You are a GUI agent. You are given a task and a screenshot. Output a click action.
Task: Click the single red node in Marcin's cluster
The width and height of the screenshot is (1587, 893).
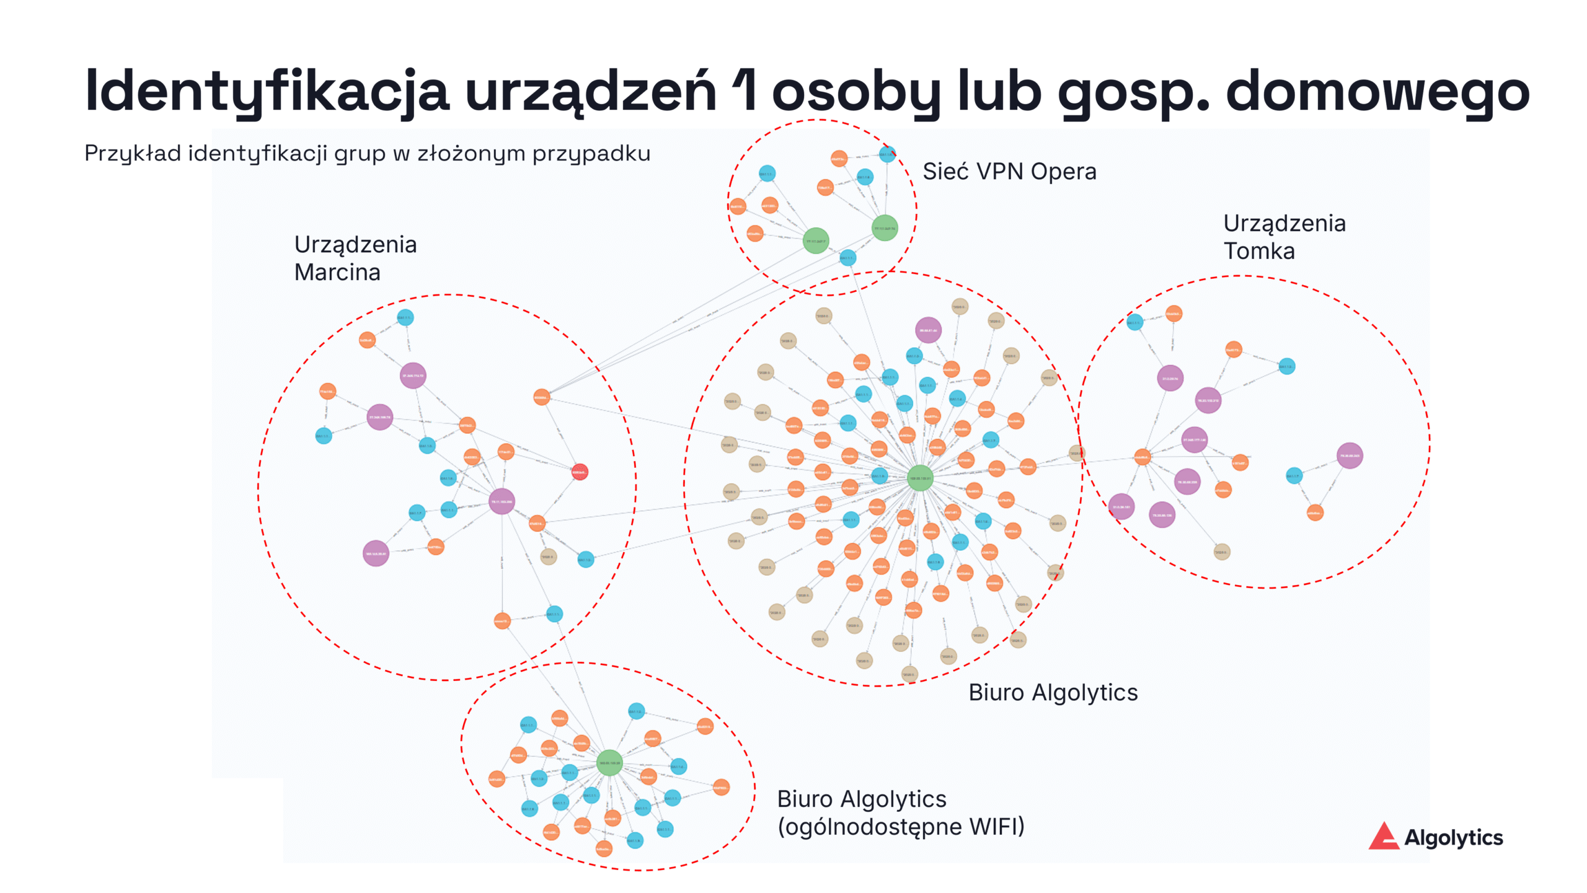[x=579, y=472]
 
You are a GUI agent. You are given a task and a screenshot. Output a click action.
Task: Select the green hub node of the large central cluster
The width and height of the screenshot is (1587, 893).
[x=920, y=478]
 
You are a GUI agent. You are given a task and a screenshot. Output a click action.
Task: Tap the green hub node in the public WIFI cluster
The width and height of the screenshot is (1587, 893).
[x=609, y=763]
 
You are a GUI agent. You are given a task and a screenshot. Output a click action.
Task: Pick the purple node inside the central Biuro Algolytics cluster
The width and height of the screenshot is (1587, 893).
[x=928, y=330]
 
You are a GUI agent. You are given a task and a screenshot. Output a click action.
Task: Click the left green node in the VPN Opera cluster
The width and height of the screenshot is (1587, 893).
[x=816, y=241]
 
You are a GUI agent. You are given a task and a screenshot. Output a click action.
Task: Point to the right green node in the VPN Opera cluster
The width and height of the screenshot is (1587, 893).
[x=885, y=228]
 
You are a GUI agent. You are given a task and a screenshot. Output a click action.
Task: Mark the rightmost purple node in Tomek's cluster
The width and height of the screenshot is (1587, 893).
[x=1350, y=455]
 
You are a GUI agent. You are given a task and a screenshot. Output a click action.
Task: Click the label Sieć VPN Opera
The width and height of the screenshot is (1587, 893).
[x=1009, y=172]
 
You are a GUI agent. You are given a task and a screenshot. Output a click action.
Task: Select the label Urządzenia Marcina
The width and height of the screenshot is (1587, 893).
[x=355, y=258]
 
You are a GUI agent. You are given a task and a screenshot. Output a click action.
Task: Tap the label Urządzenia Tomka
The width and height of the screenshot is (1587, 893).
[x=1284, y=237]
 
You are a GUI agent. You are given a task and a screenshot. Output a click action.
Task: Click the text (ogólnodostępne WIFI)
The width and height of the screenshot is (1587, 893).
[x=901, y=827]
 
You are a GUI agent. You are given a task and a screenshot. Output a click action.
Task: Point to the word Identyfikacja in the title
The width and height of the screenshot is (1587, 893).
[x=267, y=92]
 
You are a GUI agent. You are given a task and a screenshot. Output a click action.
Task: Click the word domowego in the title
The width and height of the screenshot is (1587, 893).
[x=1377, y=92]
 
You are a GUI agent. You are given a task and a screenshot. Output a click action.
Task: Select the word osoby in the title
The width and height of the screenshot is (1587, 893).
[x=856, y=92]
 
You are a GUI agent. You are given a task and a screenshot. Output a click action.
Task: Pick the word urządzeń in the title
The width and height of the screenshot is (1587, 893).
[x=591, y=92]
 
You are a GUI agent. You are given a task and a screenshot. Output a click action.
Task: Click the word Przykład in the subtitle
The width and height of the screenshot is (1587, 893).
[x=133, y=153]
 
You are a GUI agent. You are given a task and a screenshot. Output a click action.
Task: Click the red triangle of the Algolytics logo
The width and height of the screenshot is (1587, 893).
[x=1383, y=837]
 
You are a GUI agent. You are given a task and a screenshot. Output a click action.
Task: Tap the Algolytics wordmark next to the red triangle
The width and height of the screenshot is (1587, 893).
[x=1453, y=838]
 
